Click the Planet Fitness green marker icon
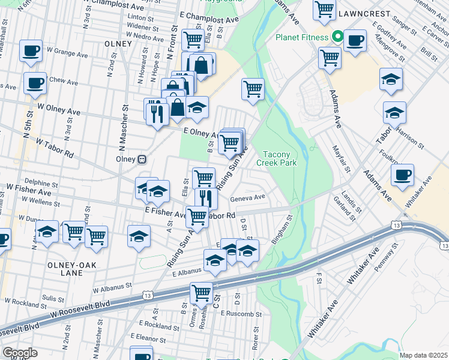(337, 37)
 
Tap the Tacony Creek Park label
(277, 158)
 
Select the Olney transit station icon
(142, 160)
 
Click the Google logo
(20, 353)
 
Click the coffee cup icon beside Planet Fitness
(355, 40)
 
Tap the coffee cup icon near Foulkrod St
(402, 175)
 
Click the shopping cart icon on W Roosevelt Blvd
(202, 293)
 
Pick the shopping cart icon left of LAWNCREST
(324, 9)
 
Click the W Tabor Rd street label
(54, 148)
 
